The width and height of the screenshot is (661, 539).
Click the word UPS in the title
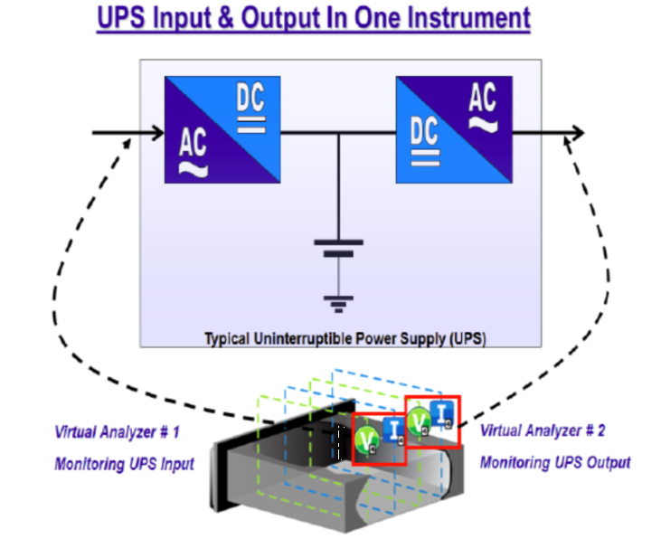click(121, 18)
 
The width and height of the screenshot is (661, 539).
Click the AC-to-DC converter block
click(222, 130)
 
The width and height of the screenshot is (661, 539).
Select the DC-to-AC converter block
click(454, 130)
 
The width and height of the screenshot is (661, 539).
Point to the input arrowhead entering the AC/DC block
click(158, 133)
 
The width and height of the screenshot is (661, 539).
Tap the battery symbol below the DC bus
click(338, 248)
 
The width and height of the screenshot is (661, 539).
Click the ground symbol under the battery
click(338, 305)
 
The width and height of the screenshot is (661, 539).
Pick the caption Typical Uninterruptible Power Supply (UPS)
click(345, 338)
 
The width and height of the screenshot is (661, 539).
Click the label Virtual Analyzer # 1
click(118, 432)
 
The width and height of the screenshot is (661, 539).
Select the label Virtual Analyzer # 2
click(543, 430)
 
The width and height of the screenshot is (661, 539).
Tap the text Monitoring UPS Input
click(125, 464)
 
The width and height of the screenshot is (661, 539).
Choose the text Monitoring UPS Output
click(555, 463)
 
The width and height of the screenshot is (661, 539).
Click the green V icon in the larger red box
click(366, 440)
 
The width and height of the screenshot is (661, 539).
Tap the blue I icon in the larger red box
click(393, 431)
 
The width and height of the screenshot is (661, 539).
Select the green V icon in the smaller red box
click(419, 421)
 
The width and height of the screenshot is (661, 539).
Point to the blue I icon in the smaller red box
click(442, 414)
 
